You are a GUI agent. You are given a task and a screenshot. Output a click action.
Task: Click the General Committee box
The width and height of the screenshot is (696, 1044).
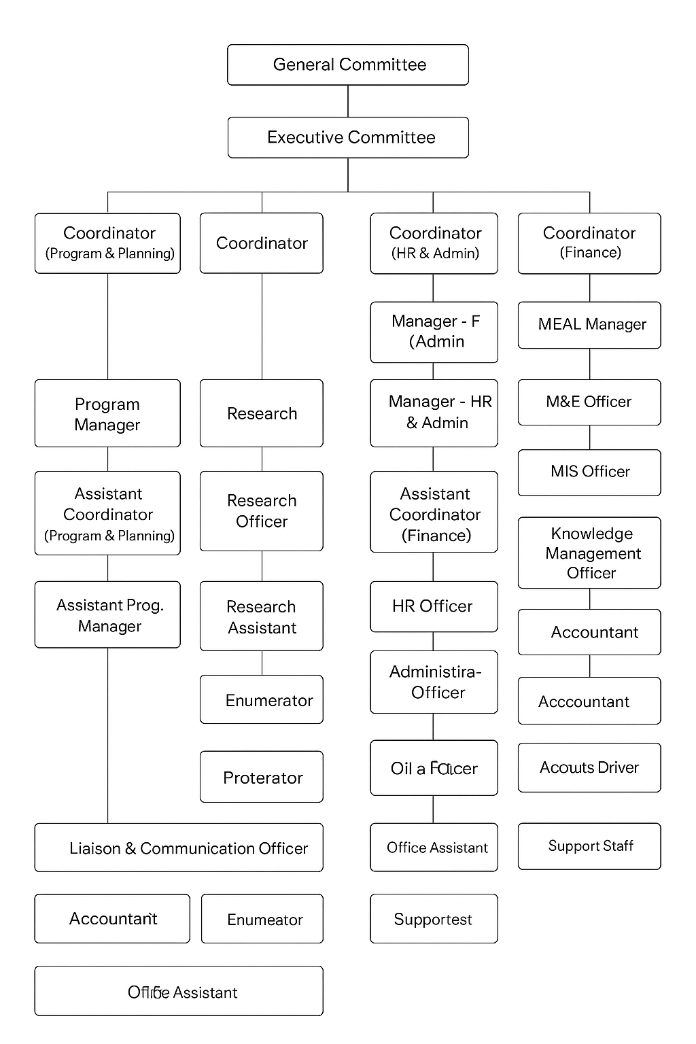click(x=348, y=65)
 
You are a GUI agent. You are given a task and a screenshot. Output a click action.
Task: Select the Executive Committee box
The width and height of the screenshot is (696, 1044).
click(x=348, y=137)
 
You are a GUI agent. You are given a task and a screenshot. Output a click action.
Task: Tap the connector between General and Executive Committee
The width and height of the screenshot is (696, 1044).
click(x=348, y=101)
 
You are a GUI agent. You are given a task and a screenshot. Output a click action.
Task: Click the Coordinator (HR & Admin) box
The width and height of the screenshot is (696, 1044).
click(x=434, y=243)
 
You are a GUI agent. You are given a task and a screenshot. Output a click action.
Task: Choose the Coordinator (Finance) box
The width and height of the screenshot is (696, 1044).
click(x=589, y=243)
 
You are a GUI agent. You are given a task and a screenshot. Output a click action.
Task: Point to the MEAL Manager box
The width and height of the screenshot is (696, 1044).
click(x=589, y=325)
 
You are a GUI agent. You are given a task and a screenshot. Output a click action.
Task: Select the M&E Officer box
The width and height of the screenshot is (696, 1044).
click(x=589, y=402)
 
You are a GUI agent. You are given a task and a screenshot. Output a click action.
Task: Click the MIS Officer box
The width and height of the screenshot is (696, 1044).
click(x=589, y=472)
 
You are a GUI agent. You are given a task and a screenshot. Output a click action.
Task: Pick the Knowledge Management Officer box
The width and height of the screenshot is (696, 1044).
click(x=589, y=553)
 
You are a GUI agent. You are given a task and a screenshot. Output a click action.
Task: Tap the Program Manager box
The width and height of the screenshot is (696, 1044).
click(x=107, y=413)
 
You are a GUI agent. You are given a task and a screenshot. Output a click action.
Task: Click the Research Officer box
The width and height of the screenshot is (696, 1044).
click(x=262, y=511)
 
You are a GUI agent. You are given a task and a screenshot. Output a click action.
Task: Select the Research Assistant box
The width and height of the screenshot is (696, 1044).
click(x=262, y=616)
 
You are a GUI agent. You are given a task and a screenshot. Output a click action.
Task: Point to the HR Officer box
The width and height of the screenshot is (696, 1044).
click(x=434, y=606)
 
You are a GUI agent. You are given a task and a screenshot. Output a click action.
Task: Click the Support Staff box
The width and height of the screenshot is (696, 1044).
click(x=589, y=846)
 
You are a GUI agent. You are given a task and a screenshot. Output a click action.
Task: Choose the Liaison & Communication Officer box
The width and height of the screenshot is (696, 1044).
click(x=179, y=848)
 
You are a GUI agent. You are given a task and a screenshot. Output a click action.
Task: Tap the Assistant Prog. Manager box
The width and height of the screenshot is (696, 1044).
click(x=107, y=614)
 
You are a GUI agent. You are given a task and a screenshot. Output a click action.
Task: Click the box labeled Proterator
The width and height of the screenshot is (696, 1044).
click(x=262, y=777)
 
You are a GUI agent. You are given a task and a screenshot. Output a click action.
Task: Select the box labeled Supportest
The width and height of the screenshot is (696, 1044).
click(x=434, y=919)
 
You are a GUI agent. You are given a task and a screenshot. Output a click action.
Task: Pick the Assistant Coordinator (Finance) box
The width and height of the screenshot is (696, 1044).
click(x=434, y=514)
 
